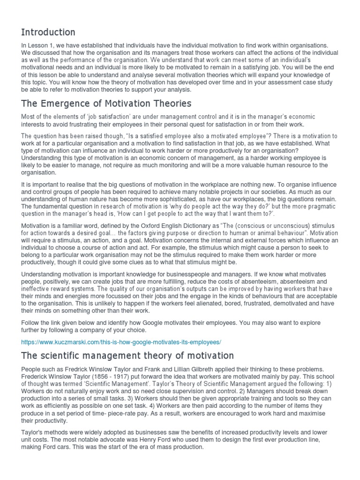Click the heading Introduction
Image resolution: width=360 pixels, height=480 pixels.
[48, 32]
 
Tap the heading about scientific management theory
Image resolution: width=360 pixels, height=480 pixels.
[127, 356]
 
